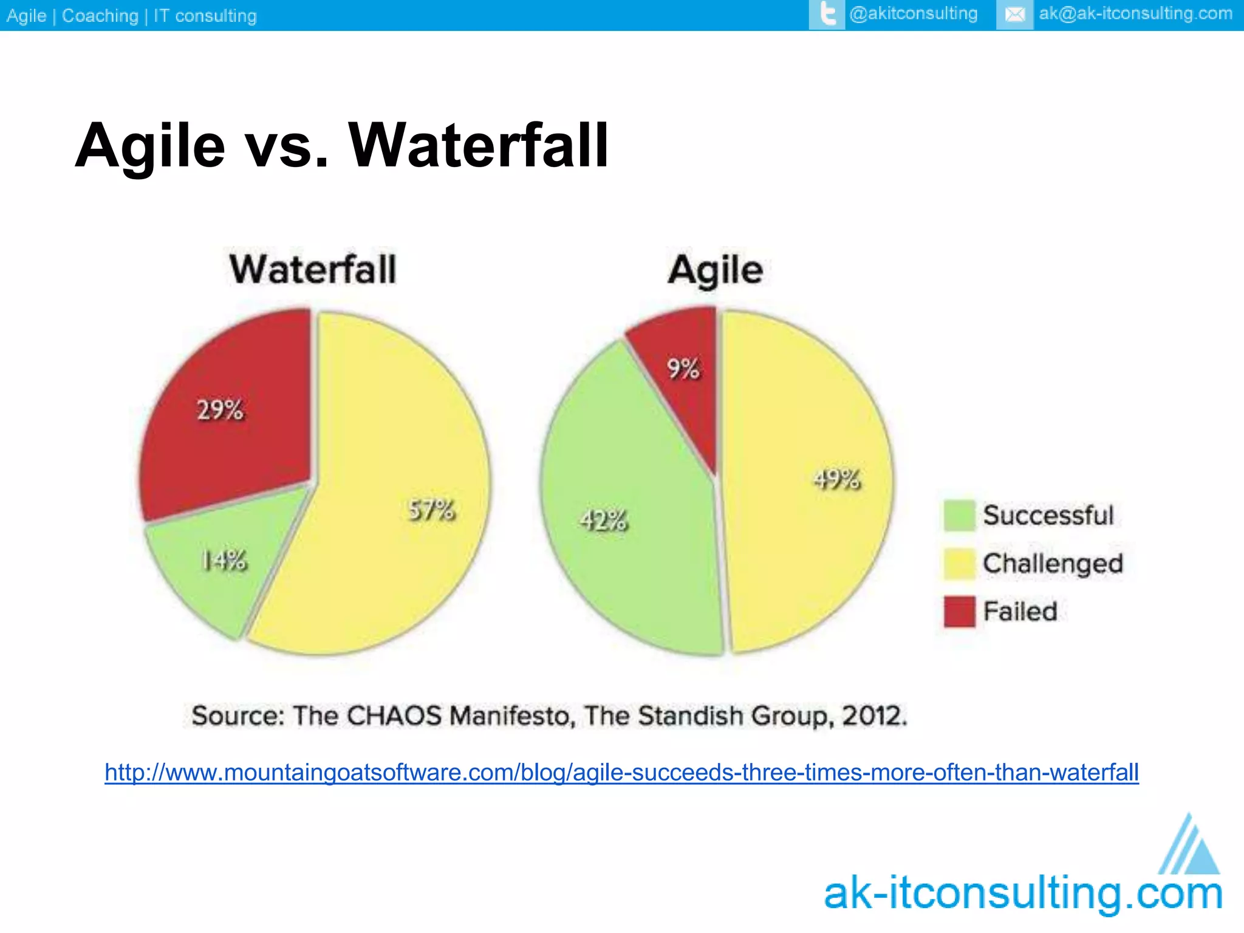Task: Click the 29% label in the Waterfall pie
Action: (x=220, y=411)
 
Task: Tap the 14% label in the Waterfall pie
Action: (x=224, y=561)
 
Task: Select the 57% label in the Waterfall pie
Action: (x=431, y=510)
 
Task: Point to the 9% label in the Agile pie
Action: (x=683, y=369)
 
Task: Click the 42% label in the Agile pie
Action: (x=603, y=521)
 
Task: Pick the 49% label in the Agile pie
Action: (x=837, y=479)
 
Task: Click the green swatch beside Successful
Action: (x=959, y=516)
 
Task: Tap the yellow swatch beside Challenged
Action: (x=959, y=564)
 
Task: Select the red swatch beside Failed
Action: (x=959, y=612)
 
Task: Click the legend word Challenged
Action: (x=1053, y=564)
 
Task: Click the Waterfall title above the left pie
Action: (x=313, y=270)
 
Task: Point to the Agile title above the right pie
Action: (x=716, y=270)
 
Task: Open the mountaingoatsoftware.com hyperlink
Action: (x=621, y=773)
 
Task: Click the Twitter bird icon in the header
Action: (x=827, y=15)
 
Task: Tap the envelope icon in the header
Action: (x=1014, y=15)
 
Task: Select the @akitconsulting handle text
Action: (x=914, y=14)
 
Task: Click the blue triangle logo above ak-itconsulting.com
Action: (x=1189, y=846)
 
